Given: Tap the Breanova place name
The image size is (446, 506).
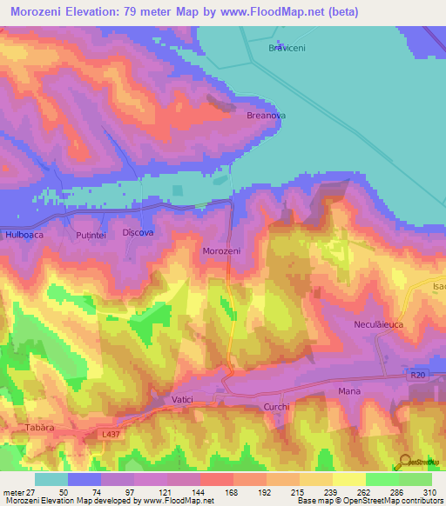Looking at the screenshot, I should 267,115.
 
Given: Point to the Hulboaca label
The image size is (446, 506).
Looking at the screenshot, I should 24,235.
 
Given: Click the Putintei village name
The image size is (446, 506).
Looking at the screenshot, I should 91,235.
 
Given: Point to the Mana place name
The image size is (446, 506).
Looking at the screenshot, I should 349,392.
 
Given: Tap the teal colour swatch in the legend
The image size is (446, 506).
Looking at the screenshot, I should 51,479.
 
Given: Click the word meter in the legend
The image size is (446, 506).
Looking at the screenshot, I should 12,491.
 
